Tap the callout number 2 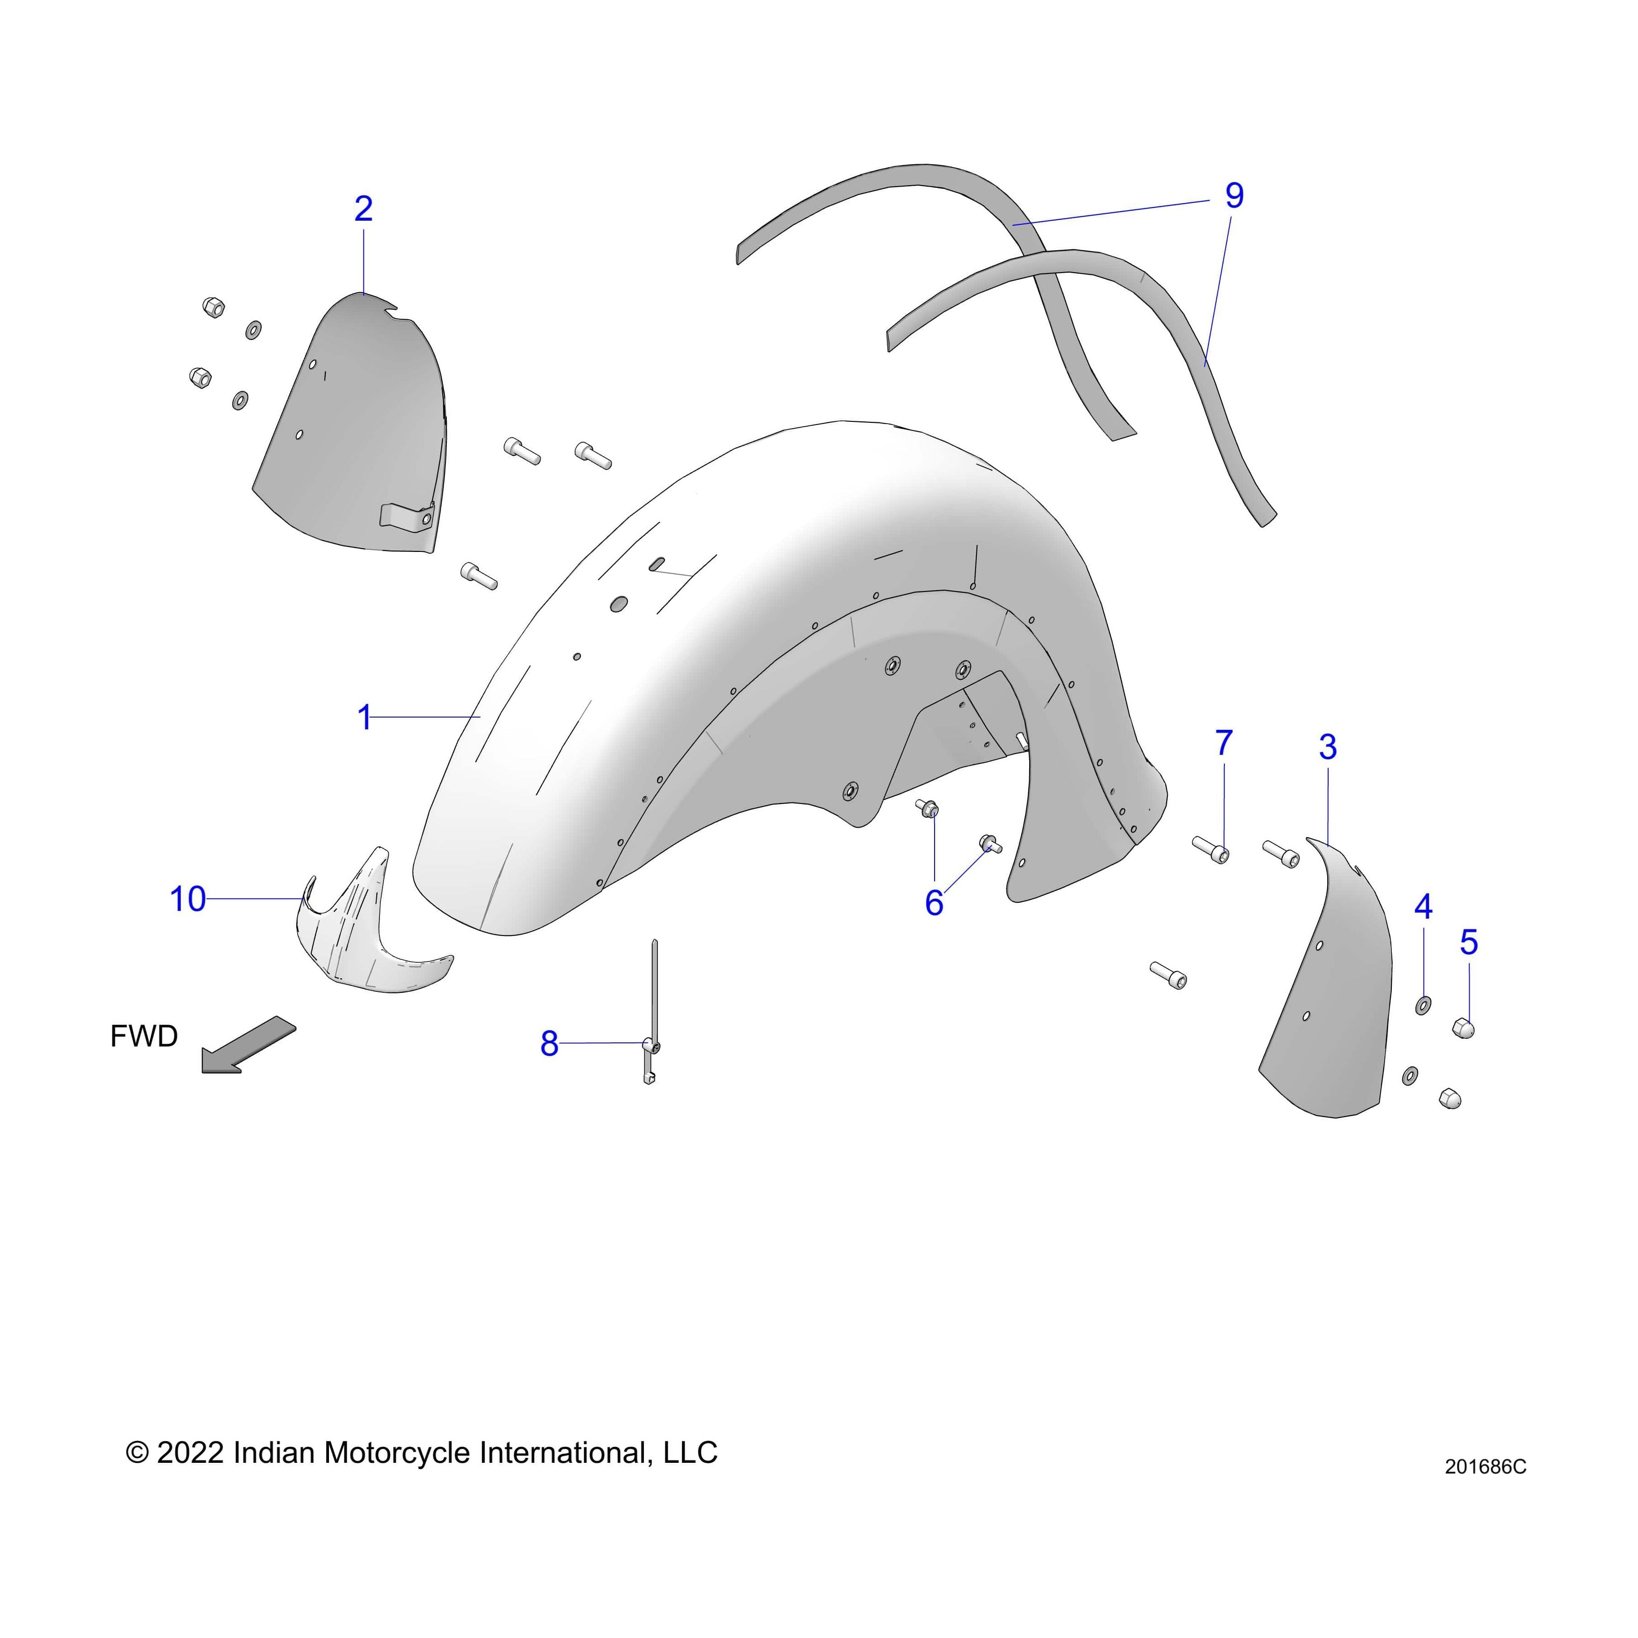(x=364, y=208)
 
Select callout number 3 (x=1328, y=747)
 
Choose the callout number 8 (x=549, y=1044)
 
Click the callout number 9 (x=1234, y=196)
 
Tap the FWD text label (x=144, y=1036)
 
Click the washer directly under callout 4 (x=1424, y=1006)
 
